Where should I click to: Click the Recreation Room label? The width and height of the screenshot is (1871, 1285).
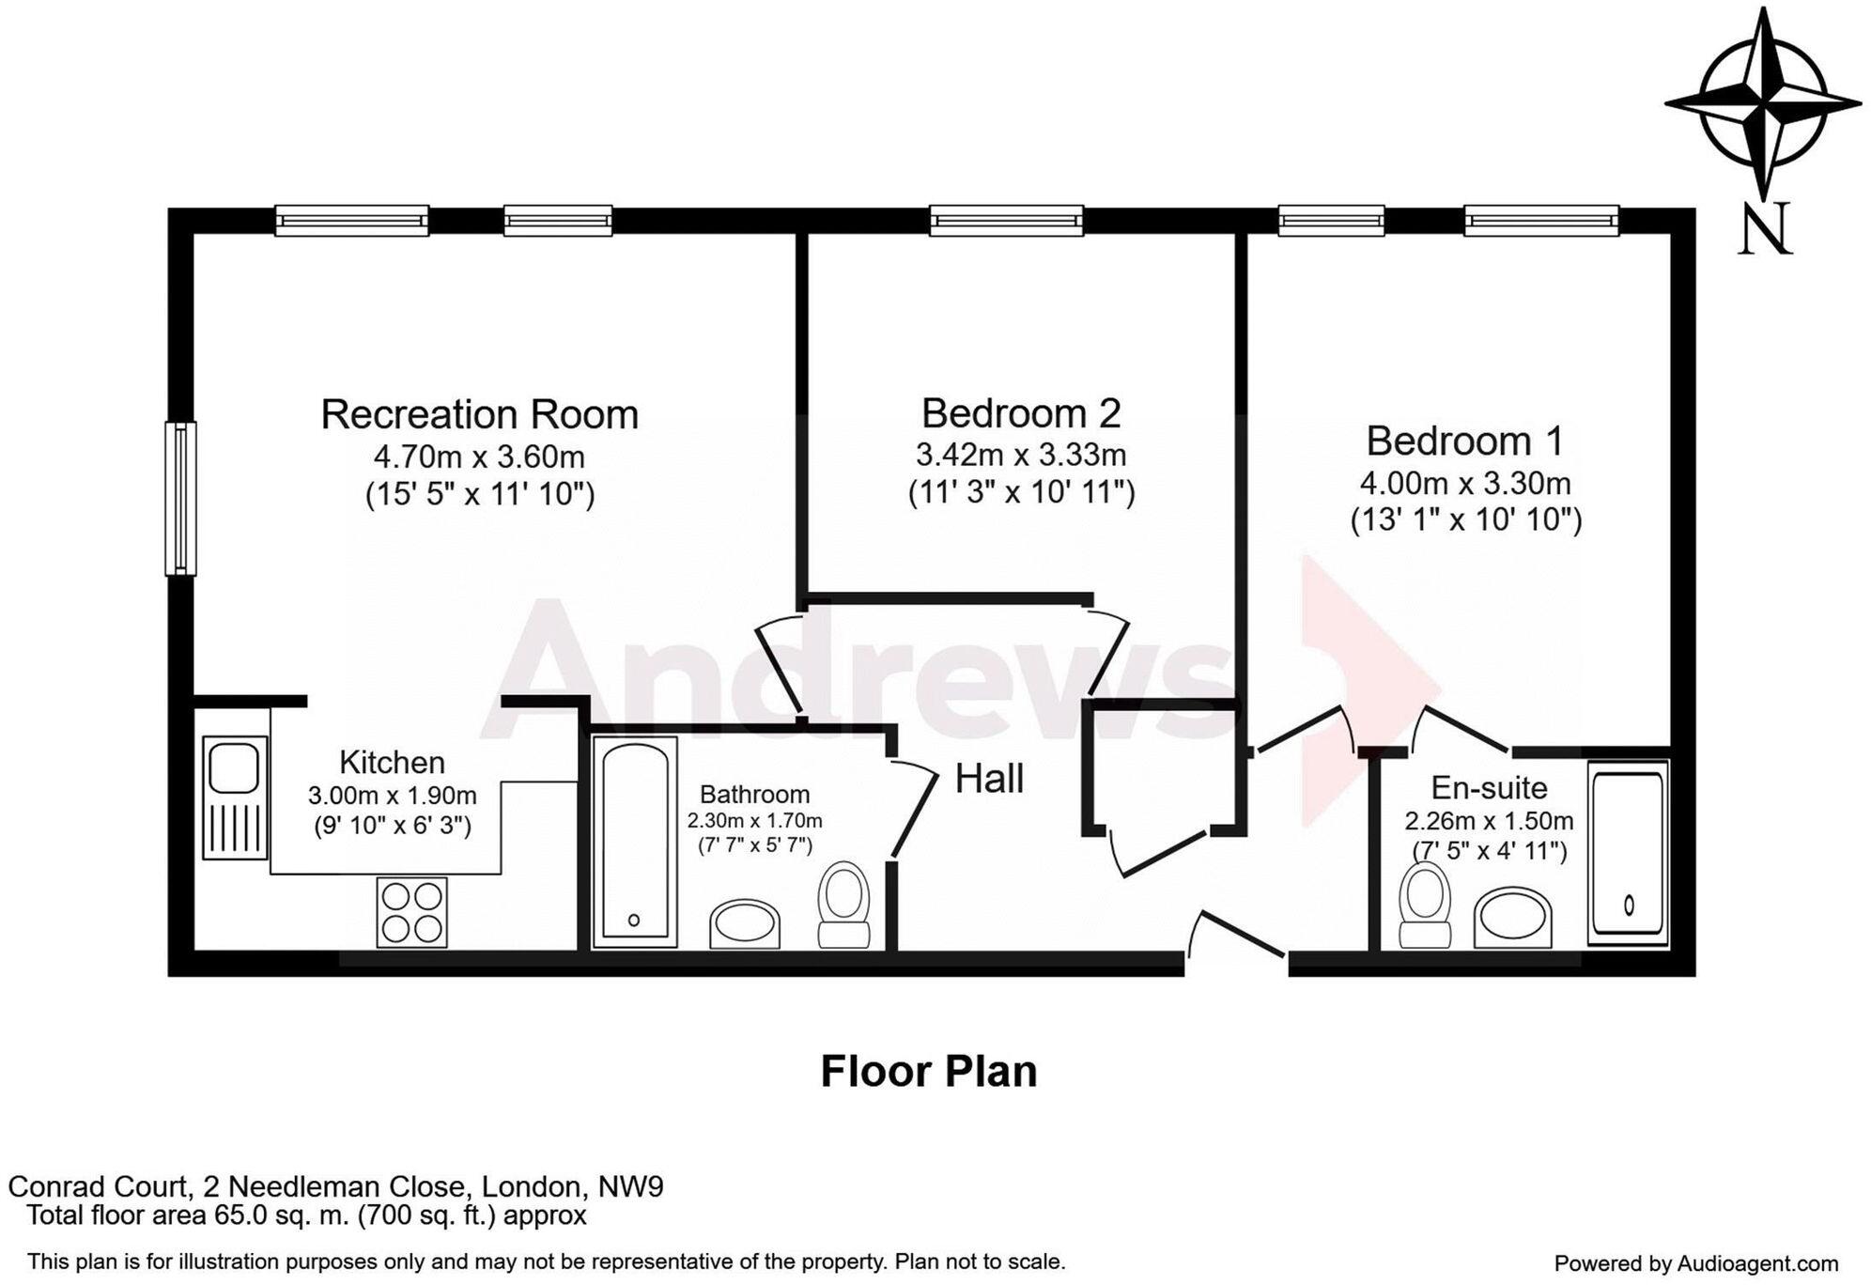(x=479, y=414)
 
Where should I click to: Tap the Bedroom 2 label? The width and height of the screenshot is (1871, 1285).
(x=1020, y=412)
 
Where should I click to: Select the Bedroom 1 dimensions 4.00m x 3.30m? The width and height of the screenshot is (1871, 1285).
(x=1464, y=484)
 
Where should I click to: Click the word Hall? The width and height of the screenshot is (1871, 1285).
(x=989, y=779)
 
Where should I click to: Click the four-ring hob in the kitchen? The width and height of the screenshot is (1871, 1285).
(x=411, y=912)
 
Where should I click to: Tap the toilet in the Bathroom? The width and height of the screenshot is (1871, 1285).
(x=843, y=904)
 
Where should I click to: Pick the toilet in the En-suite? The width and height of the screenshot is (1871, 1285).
(x=1424, y=904)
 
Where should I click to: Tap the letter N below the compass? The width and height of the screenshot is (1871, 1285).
(x=1765, y=230)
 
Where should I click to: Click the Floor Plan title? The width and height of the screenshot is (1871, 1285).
(x=928, y=1071)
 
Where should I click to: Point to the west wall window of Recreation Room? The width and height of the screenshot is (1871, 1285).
(x=180, y=498)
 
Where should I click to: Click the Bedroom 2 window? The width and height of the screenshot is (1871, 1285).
(x=1006, y=221)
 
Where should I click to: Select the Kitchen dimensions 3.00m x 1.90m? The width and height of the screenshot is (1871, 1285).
(x=392, y=796)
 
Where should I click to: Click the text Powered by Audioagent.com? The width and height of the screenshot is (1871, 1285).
(x=1695, y=1264)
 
